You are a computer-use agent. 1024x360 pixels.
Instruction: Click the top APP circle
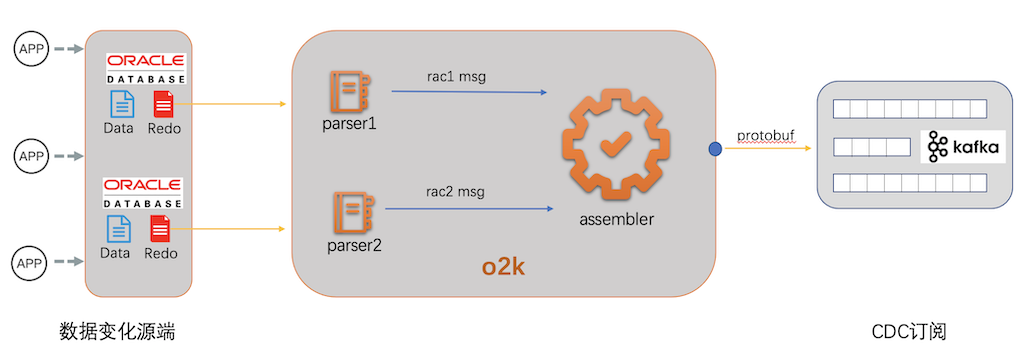coord(30,47)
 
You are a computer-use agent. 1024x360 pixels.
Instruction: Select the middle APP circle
coord(30,156)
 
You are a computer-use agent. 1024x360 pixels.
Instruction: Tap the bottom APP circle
coord(30,264)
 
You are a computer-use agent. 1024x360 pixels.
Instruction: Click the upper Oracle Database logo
coord(144,68)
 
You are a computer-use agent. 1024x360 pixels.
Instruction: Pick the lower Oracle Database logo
coord(143,192)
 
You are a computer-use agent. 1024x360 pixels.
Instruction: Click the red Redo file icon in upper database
coord(164,105)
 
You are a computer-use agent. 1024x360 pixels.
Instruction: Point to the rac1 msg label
coord(455,78)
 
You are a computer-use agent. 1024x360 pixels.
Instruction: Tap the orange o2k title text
coord(505,269)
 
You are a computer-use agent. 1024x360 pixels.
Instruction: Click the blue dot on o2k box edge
coord(714,149)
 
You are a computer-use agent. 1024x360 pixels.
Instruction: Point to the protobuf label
coord(765,134)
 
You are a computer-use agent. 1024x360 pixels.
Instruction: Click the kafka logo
coord(962,147)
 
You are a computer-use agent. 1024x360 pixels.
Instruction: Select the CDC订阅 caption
coord(908,331)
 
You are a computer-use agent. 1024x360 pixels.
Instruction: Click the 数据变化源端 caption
coord(118,331)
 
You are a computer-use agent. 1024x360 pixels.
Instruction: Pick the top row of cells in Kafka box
coord(909,108)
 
